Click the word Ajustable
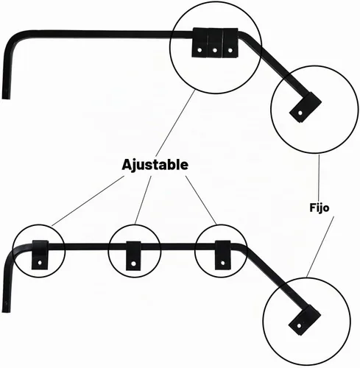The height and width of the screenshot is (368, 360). (x=155, y=165)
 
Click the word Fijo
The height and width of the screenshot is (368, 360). (x=319, y=208)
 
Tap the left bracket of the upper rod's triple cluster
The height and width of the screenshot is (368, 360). (x=200, y=43)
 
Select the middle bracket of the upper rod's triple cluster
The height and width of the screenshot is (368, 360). (x=215, y=43)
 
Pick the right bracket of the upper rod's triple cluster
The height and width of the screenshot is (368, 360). (x=230, y=43)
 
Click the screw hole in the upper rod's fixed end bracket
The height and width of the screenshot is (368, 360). (x=300, y=113)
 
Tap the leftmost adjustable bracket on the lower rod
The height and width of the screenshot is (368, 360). (x=40, y=255)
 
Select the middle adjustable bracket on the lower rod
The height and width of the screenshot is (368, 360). (x=133, y=255)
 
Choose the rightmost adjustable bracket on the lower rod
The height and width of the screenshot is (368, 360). (x=222, y=255)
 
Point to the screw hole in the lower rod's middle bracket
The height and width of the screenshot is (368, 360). (x=133, y=263)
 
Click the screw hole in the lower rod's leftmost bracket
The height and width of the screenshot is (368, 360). (x=40, y=263)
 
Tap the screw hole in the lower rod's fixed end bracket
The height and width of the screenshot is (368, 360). (x=299, y=326)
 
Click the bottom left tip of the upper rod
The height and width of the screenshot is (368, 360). (x=6, y=98)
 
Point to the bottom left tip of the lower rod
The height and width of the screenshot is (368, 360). (x=6, y=311)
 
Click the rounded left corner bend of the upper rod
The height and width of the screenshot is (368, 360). (x=14, y=39)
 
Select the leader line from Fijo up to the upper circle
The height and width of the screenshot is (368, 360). (x=319, y=178)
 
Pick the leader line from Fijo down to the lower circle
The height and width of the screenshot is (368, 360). (x=320, y=247)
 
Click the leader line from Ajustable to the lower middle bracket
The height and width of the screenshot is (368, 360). (x=143, y=200)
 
